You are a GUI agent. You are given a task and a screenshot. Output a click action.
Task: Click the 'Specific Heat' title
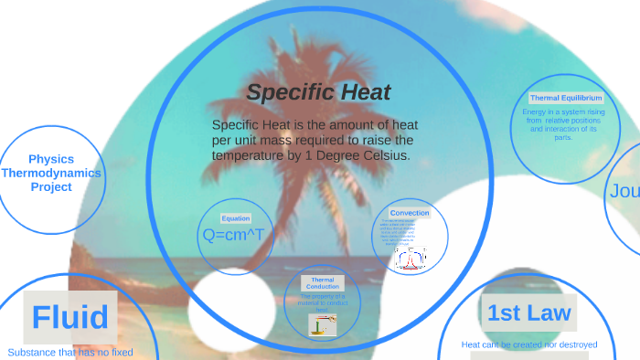(318, 92)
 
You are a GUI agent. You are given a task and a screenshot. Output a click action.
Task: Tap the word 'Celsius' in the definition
(384, 156)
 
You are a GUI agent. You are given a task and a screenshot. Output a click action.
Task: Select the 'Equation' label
(235, 218)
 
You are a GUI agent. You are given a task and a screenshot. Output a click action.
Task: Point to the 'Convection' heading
(410, 213)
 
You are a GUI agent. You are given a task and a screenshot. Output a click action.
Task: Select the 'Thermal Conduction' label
(322, 283)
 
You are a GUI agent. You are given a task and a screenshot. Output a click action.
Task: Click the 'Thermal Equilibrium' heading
(566, 98)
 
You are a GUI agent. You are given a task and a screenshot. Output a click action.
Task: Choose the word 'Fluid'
(70, 317)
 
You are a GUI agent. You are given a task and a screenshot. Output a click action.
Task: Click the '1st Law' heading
(528, 313)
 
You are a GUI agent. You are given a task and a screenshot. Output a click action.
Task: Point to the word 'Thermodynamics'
(51, 173)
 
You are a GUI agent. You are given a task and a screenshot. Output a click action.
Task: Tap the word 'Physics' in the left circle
(51, 159)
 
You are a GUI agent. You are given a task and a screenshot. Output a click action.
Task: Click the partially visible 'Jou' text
(624, 192)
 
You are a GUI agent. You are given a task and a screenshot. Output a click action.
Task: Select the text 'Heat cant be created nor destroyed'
(529, 344)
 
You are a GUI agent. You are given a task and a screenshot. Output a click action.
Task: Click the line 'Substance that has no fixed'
(70, 352)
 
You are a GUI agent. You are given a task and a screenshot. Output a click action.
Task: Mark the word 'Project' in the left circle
(51, 186)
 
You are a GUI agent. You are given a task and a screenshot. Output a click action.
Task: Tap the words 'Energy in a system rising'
(563, 112)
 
